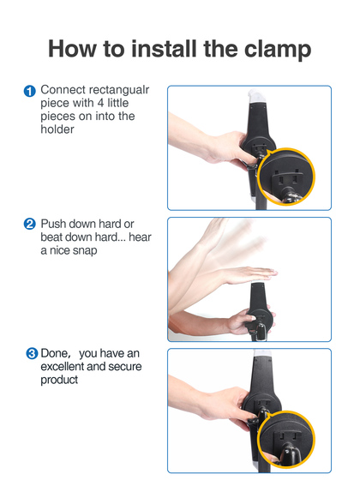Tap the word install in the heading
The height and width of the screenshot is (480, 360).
point(164,48)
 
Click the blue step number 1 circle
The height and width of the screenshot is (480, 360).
point(30,91)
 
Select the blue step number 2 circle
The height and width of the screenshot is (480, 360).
point(30,224)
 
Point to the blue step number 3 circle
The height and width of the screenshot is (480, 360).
point(32,353)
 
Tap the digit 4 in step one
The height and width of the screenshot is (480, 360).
point(101,103)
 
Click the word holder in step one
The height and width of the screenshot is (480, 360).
point(57,129)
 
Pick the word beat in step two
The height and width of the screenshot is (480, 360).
point(51,237)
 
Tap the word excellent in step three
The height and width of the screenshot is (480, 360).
point(63,367)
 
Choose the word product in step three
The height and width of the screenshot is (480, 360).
point(59,381)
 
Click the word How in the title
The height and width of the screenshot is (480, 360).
point(72,48)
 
